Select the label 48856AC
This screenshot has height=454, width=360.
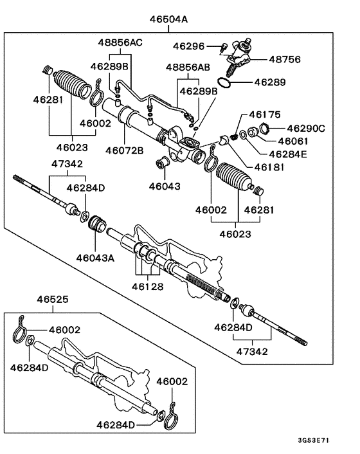[x=120, y=42]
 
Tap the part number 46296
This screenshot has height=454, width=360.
[x=189, y=46]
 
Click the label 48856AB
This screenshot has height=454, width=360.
[x=188, y=67]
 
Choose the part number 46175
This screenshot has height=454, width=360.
[x=265, y=115]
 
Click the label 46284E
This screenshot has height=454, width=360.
[x=290, y=154]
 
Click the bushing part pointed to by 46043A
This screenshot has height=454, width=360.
[x=98, y=224]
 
